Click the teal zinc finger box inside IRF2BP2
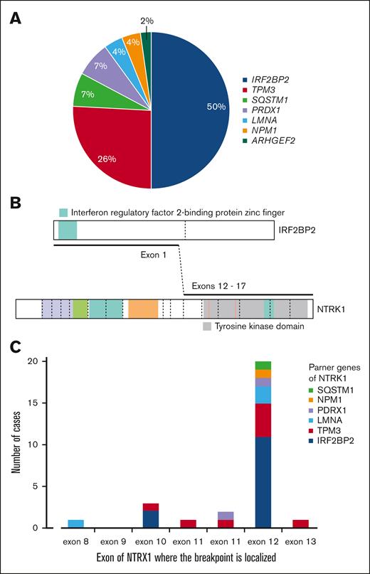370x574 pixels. coord(68,230)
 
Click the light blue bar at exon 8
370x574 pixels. coord(75,523)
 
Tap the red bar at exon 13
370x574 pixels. coord(300,523)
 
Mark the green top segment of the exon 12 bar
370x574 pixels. coord(263,366)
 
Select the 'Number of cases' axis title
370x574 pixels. coord(14,445)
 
